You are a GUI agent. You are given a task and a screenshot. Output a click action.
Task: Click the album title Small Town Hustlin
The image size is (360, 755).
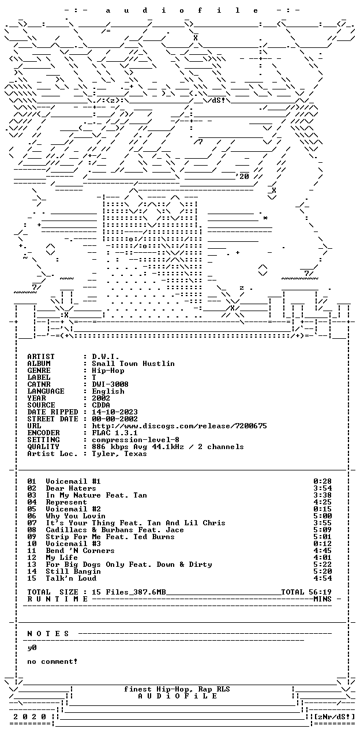tap(133, 364)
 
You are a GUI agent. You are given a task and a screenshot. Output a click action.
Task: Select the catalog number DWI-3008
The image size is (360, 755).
tap(110, 384)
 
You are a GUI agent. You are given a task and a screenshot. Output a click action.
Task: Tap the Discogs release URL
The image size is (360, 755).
tap(179, 426)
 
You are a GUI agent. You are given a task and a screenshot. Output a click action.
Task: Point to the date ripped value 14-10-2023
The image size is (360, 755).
tap(115, 412)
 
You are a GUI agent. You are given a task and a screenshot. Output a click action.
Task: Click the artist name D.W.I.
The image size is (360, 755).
tap(106, 357)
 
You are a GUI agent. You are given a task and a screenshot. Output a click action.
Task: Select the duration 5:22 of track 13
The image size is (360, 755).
tap(322, 565)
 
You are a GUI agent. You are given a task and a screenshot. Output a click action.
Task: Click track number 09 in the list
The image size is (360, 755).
tap(32, 537)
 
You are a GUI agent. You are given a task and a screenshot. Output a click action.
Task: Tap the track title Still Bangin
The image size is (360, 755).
tap(73, 571)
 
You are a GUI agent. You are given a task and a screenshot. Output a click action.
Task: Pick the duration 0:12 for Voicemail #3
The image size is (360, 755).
tap(322, 544)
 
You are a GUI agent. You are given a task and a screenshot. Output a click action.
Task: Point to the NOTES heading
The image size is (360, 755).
tap(48, 634)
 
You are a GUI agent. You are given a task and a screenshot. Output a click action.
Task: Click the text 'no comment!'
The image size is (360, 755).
tap(52, 661)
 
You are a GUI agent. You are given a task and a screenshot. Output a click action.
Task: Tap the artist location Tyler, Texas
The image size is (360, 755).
tap(119, 454)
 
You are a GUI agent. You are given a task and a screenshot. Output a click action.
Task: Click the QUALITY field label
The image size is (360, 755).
tap(43, 447)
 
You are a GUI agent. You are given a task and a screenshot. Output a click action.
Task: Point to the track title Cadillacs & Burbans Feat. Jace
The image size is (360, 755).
tap(115, 530)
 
